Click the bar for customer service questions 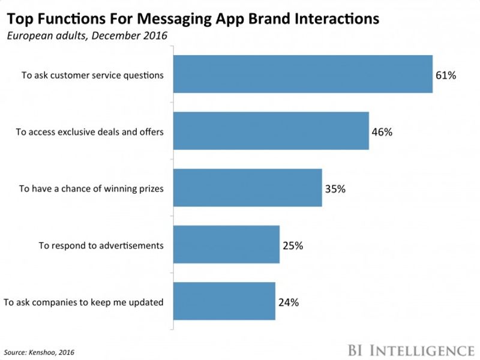(303, 74)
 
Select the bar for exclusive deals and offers (271, 131)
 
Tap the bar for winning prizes (248, 188)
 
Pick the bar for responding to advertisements (226, 244)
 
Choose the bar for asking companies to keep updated (224, 301)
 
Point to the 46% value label (382, 131)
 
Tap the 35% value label (335, 188)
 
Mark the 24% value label (289, 302)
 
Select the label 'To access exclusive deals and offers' (89, 131)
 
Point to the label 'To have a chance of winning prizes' (91, 188)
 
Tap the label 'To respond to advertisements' (101, 245)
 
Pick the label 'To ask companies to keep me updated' (83, 302)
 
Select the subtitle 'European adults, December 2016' (86, 36)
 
